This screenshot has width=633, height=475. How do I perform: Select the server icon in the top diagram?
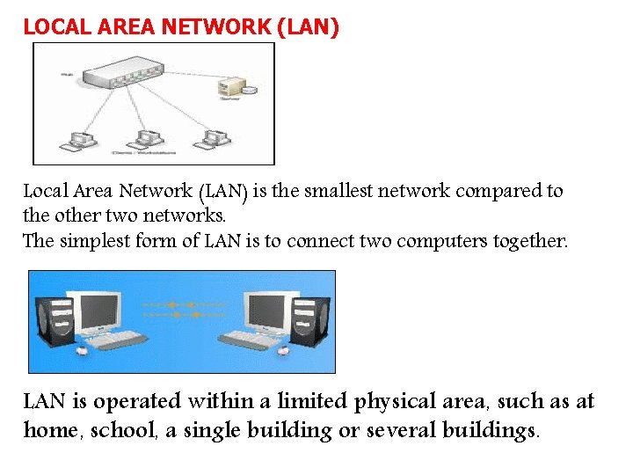coord(248,89)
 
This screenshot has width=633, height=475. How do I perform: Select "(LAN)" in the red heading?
coord(307,26)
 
